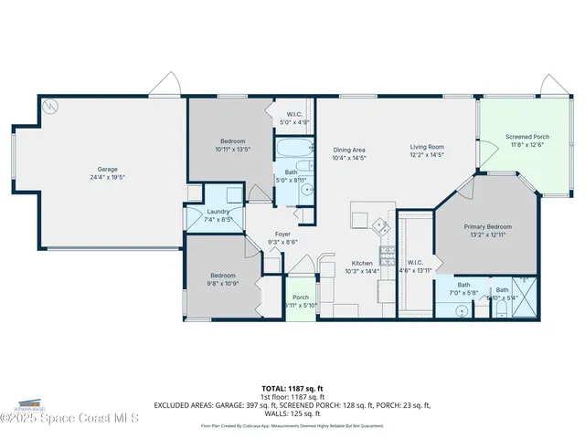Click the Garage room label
coord(108,169)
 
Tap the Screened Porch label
coord(527,137)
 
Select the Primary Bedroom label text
coord(487,226)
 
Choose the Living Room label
coord(426,147)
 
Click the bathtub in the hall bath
coord(295,149)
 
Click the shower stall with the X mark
coord(525,296)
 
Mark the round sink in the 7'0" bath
coord(462,309)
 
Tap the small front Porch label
coord(300,297)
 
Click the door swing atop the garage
coord(165,85)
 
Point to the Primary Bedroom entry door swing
coord(463,189)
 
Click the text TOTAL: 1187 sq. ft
coord(292,388)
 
